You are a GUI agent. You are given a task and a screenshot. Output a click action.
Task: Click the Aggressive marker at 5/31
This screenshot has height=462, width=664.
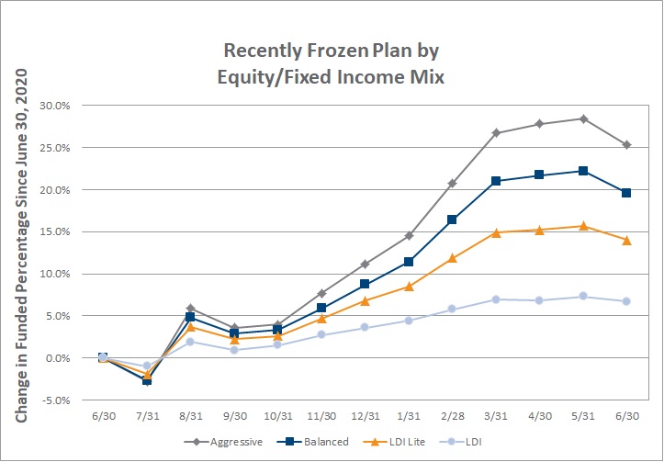583,119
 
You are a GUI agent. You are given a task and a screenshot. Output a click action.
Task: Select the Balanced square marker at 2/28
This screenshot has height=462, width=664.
452,220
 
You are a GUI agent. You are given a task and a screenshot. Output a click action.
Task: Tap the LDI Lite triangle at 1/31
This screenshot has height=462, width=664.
409,287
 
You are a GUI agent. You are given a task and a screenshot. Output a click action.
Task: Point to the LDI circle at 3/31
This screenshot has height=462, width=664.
496,299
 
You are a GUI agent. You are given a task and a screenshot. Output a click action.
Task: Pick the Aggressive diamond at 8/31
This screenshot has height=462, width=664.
190,309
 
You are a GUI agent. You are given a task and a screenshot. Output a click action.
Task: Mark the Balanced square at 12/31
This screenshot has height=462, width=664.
365,284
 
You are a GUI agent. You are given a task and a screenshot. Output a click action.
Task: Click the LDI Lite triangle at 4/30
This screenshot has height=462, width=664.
539,231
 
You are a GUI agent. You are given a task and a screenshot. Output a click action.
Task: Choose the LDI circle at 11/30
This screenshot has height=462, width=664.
321,334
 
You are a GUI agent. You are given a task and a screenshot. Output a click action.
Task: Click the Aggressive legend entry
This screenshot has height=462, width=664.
223,442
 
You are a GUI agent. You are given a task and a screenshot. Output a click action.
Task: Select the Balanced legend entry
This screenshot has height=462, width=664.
313,442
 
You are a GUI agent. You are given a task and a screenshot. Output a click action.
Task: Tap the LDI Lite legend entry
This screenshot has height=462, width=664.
394,442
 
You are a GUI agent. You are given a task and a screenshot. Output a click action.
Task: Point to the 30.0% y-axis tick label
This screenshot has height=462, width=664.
54,106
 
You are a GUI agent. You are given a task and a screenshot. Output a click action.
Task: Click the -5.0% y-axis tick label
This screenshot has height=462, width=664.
54,400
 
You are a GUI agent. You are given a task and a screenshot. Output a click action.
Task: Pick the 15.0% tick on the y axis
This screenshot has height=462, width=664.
54,232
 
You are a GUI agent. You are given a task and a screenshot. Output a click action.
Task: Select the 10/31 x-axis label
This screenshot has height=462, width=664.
277,416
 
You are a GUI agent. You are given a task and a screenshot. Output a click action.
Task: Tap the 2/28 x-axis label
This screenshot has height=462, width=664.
452,416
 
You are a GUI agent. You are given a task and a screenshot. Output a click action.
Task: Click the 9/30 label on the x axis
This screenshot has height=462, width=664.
234,416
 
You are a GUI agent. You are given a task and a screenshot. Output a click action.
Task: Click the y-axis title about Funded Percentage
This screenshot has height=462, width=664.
21,245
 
